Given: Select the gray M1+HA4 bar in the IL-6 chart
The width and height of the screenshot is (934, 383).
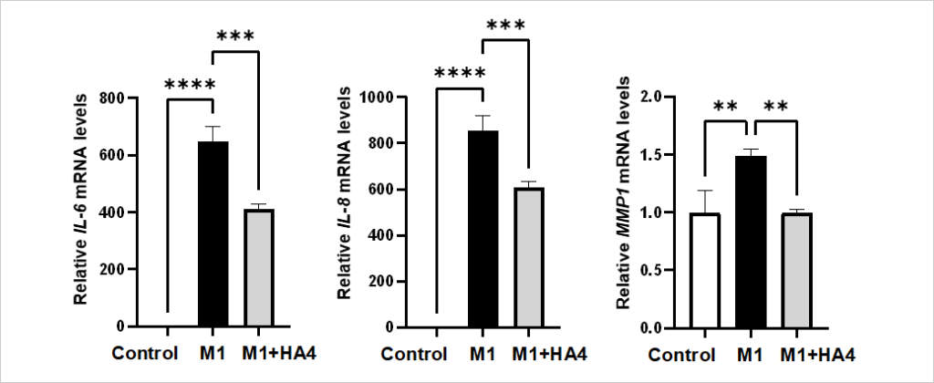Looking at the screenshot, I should [x=260, y=268].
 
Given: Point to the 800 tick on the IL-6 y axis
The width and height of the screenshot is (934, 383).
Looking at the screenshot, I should [x=114, y=98].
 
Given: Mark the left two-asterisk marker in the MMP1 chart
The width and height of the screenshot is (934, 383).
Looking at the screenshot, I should [x=726, y=107].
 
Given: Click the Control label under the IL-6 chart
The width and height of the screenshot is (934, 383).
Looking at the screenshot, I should [x=143, y=353].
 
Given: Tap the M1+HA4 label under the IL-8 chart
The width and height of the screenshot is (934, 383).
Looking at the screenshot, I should [x=546, y=353].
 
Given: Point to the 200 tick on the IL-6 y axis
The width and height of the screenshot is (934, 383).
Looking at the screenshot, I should [x=114, y=270].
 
